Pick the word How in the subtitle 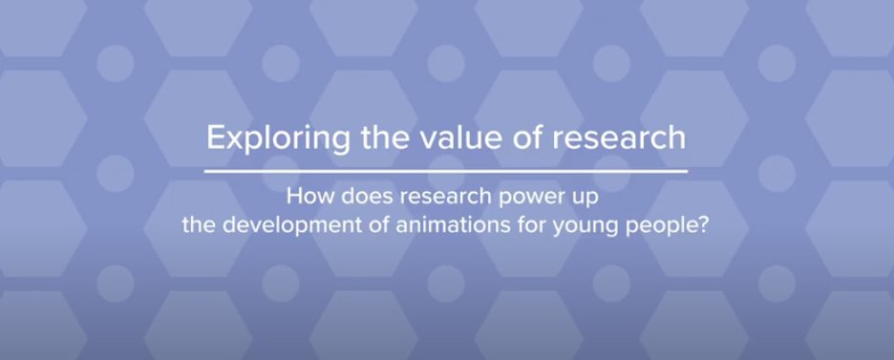306,201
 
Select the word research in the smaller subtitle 435,201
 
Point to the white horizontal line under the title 447,171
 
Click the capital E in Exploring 216,138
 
